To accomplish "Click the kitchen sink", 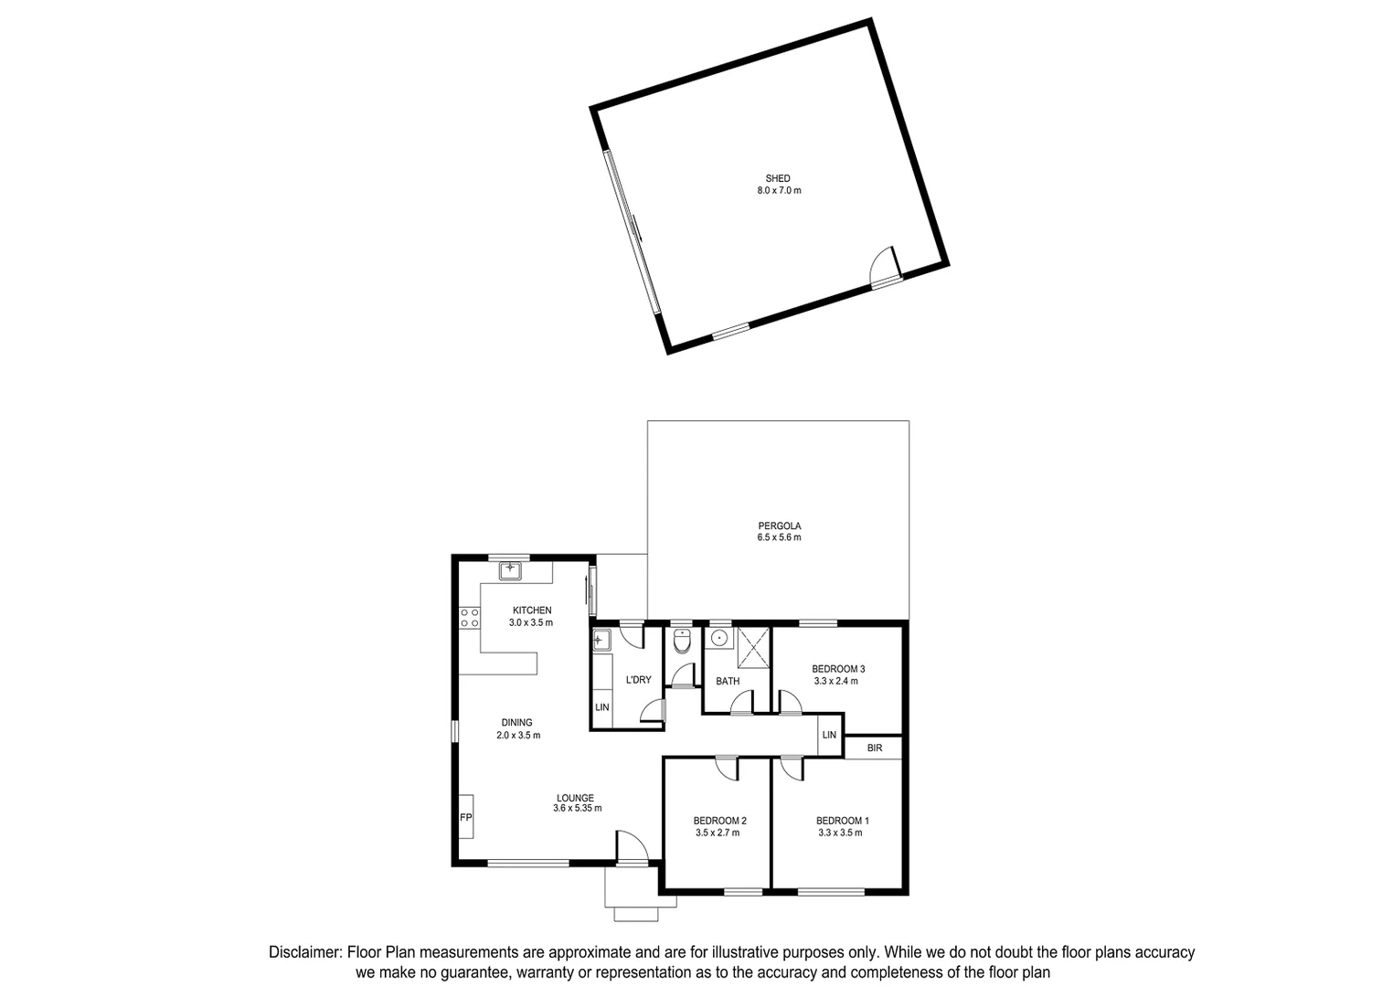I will (510, 571).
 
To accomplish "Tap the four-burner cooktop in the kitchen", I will (470, 618).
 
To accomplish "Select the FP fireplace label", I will (465, 817).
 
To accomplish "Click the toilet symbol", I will (682, 642).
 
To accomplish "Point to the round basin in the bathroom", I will (720, 637).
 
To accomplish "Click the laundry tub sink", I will (601, 640).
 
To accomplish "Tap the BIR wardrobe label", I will (875, 748).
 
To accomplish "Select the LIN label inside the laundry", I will (601, 708).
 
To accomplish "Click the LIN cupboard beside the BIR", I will (829, 735).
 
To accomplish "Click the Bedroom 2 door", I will (727, 769).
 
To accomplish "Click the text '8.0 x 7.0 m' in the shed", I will (779, 191).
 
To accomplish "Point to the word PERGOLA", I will (779, 525).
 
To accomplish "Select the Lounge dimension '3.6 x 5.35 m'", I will (577, 808).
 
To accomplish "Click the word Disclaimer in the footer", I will (304, 952).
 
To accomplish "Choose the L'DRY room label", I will (638, 680).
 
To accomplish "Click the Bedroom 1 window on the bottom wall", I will (831, 891).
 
